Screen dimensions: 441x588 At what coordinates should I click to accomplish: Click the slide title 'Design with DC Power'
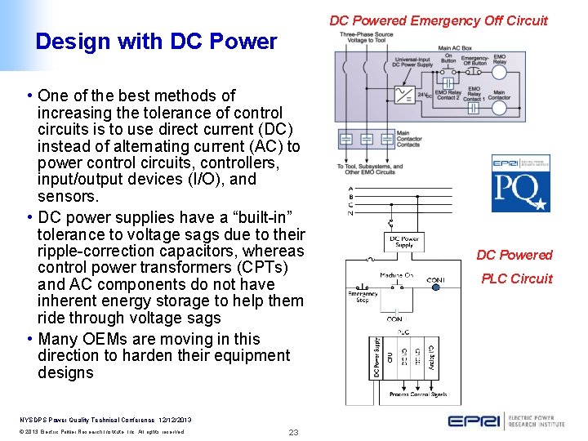(156, 42)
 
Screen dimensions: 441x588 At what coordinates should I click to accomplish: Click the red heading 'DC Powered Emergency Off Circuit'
(438, 20)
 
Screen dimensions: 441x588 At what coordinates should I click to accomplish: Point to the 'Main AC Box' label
(455, 48)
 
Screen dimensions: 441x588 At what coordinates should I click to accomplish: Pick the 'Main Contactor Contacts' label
(408, 139)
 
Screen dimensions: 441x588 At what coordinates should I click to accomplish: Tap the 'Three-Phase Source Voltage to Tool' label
(366, 37)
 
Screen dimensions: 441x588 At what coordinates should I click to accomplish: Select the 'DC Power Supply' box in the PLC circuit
(405, 243)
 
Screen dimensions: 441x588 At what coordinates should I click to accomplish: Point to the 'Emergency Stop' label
(363, 297)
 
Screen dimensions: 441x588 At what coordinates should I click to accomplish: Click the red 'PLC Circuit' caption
(516, 278)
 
